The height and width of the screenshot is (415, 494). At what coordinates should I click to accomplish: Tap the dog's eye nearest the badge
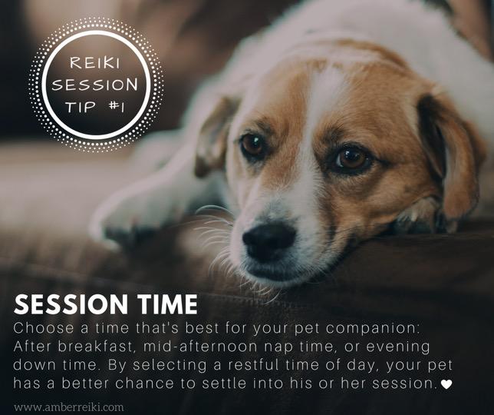pyautogui.click(x=252, y=145)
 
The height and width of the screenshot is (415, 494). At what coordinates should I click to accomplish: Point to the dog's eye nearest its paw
pyautogui.click(x=352, y=158)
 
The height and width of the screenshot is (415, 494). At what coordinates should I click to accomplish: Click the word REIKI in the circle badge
pyautogui.click(x=95, y=62)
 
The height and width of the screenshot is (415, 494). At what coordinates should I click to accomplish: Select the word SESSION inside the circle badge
pyautogui.click(x=95, y=85)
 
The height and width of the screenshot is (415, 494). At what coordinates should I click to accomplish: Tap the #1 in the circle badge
pyautogui.click(x=117, y=106)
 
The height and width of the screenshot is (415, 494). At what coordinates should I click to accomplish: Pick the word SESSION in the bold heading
pyautogui.click(x=71, y=304)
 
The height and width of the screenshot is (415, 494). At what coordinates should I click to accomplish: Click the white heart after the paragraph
pyautogui.click(x=446, y=384)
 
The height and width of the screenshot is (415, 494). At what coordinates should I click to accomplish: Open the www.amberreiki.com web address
pyautogui.click(x=69, y=407)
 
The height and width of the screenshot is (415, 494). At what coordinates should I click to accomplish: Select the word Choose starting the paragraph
pyautogui.click(x=44, y=328)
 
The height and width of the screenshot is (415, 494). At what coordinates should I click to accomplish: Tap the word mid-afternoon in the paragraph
pyautogui.click(x=200, y=347)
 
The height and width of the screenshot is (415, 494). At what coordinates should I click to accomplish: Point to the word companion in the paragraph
pyautogui.click(x=373, y=329)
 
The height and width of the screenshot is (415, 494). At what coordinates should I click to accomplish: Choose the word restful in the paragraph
pyautogui.click(x=253, y=365)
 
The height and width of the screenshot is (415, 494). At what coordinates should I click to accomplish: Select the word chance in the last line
pyautogui.click(x=145, y=383)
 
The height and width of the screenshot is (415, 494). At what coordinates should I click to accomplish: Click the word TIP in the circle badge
pyautogui.click(x=81, y=106)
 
